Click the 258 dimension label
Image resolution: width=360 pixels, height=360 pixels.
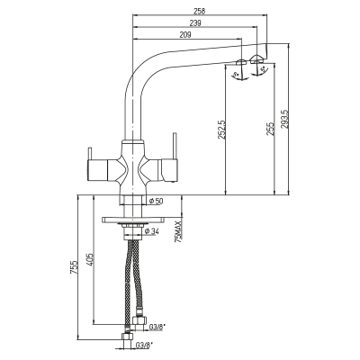click(199, 11)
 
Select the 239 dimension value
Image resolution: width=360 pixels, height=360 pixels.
click(195, 22)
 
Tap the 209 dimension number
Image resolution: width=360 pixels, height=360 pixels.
click(185, 34)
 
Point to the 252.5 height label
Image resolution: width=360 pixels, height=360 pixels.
click(220, 129)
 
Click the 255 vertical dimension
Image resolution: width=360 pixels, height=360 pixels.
click(270, 129)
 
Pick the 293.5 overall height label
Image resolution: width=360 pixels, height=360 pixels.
click(284, 119)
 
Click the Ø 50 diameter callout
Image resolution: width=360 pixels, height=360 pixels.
click(156, 201)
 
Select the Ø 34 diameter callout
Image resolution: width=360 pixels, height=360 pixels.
click(152, 231)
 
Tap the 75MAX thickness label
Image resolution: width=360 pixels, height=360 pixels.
click(179, 231)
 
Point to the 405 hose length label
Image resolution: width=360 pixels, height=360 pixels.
click(90, 260)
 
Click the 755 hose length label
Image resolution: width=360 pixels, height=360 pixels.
click(74, 266)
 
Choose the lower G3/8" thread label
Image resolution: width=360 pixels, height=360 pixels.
click(143, 344)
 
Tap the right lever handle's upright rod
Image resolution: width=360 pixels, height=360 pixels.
click(175, 146)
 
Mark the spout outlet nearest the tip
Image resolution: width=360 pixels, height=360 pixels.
click(256, 59)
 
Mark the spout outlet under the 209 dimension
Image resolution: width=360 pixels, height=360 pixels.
click(241, 62)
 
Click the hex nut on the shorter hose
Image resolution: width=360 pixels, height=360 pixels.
click(139, 319)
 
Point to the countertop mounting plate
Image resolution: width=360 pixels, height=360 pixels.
click(133, 220)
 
